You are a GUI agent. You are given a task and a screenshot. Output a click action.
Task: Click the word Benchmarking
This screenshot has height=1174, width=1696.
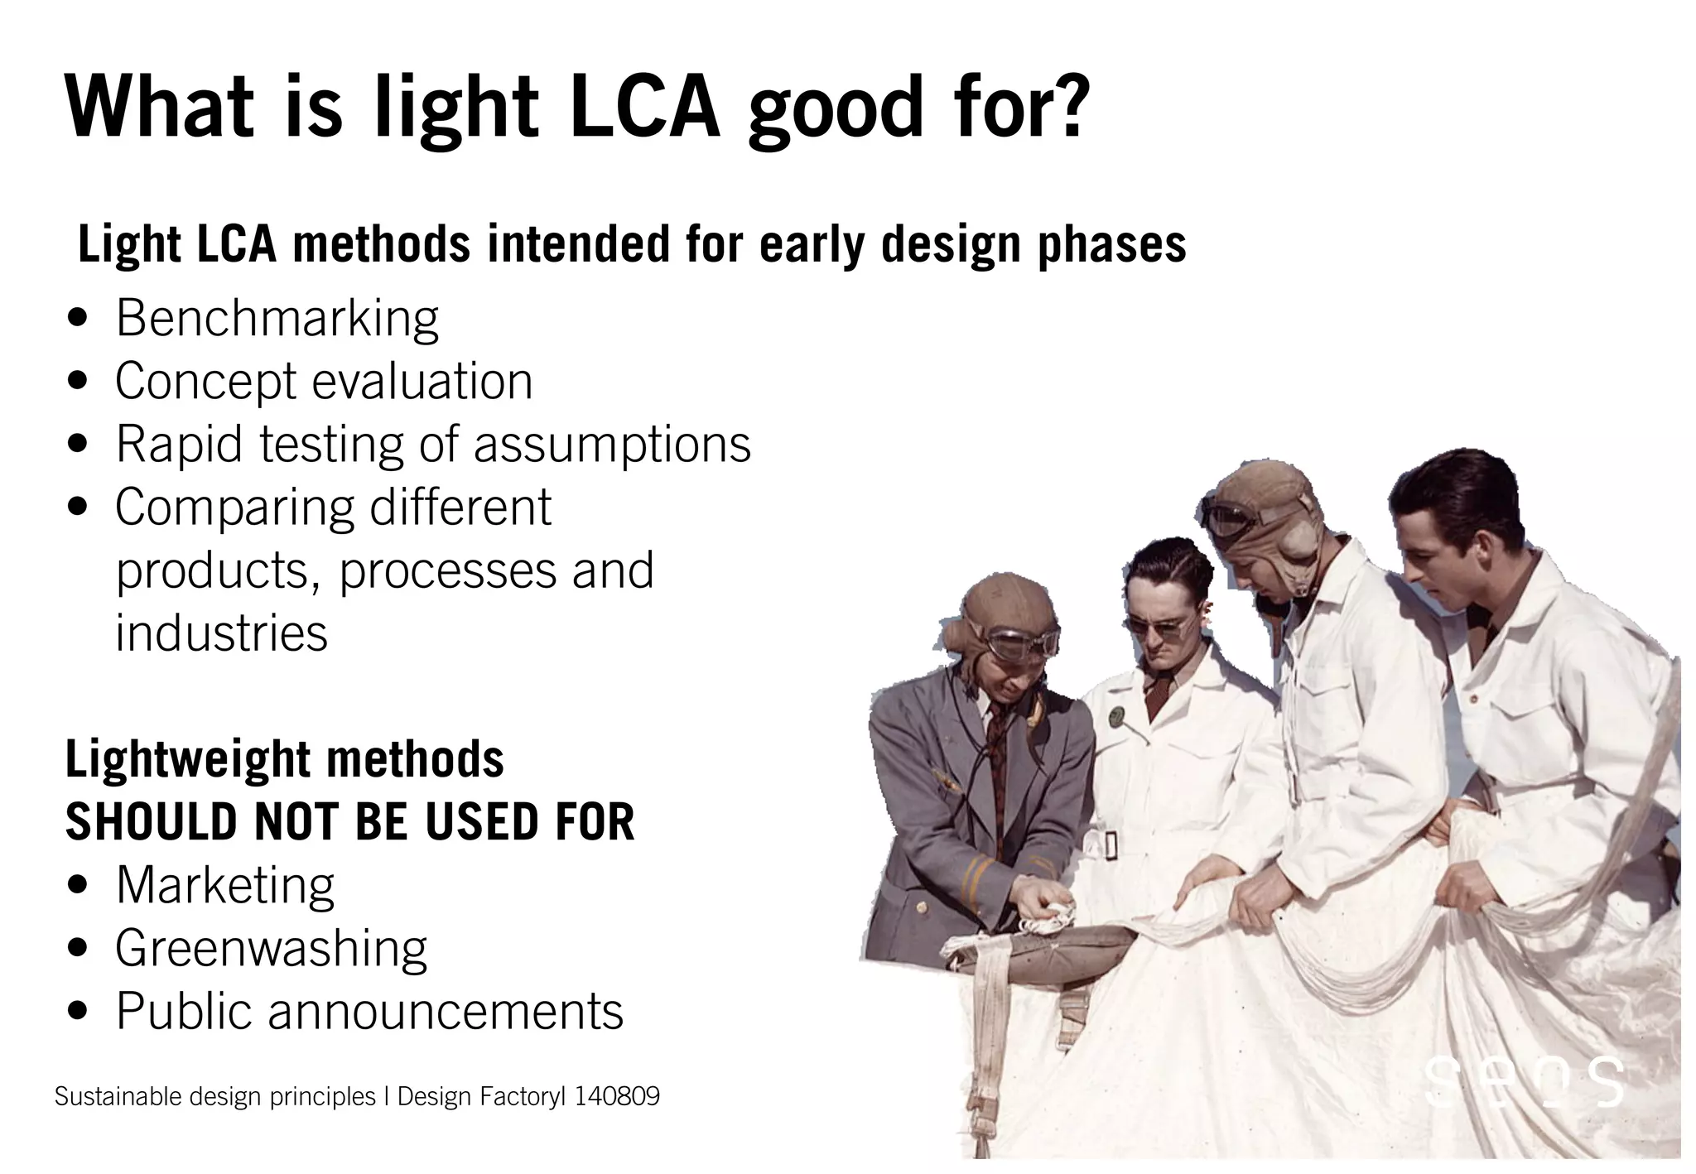click(x=277, y=318)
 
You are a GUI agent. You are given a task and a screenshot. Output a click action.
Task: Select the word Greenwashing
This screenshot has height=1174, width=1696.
click(x=271, y=949)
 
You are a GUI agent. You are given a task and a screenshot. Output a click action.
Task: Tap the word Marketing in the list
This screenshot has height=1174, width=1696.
click(x=225, y=885)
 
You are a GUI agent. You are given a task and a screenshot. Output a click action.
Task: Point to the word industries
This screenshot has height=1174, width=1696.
click(x=221, y=633)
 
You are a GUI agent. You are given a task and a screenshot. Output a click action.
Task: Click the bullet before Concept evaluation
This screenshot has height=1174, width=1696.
click(x=79, y=383)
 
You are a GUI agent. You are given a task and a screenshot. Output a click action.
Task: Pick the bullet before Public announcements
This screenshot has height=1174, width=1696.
click(x=79, y=1013)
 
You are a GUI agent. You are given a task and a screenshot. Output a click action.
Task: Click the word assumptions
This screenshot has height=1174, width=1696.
click(x=612, y=445)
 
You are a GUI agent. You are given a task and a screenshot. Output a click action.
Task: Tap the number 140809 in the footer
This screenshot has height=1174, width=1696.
click(x=617, y=1097)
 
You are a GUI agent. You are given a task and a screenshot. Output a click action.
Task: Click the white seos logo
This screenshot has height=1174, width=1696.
click(x=1524, y=1080)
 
